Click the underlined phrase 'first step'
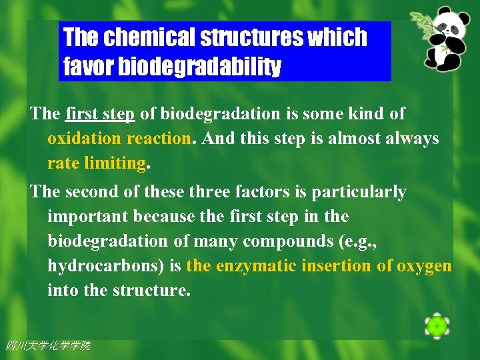coord(100,114)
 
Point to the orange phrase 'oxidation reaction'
coord(119,139)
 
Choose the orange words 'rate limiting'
coord(96,163)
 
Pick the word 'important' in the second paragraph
coord(87,217)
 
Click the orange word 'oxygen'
coord(424,266)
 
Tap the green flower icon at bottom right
coord(437,326)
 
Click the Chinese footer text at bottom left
coord(47,345)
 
